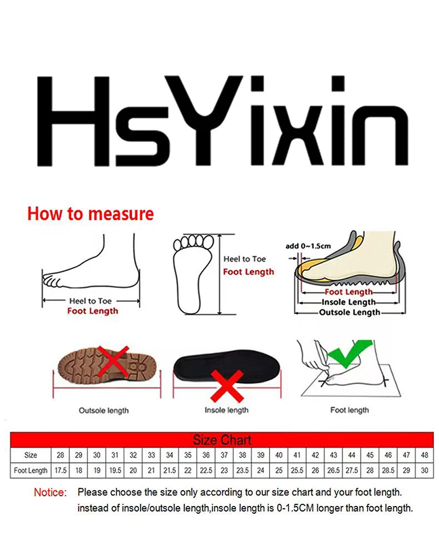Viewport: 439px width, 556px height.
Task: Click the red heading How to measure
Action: [91, 214]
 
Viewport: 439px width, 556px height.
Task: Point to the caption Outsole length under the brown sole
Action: [103, 410]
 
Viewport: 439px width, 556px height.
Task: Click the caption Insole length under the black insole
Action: [226, 410]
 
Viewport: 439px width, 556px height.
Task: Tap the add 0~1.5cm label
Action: [308, 246]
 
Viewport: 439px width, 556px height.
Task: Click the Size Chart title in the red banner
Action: [222, 440]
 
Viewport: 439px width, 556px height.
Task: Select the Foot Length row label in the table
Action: [31, 470]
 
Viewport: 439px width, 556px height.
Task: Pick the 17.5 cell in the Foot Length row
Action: [60, 470]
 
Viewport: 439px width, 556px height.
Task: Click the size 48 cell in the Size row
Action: [425, 455]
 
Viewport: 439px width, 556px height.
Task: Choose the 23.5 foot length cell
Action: [242, 470]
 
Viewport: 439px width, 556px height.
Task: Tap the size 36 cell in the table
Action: [206, 455]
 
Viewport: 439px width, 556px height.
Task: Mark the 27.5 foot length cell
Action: [352, 470]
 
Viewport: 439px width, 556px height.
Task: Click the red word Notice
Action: [50, 493]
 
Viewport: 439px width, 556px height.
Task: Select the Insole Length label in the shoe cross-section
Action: [348, 302]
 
